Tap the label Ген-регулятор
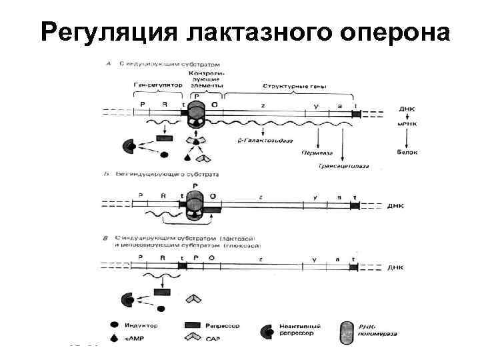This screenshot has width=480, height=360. coord(157,87)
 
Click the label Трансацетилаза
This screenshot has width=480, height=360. coord(343,165)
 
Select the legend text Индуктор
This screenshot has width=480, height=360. coord(140,325)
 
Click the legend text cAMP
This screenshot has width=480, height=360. coord(134,339)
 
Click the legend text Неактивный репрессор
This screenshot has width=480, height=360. coord(299,331)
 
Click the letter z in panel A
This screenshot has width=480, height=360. coord(263,105)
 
